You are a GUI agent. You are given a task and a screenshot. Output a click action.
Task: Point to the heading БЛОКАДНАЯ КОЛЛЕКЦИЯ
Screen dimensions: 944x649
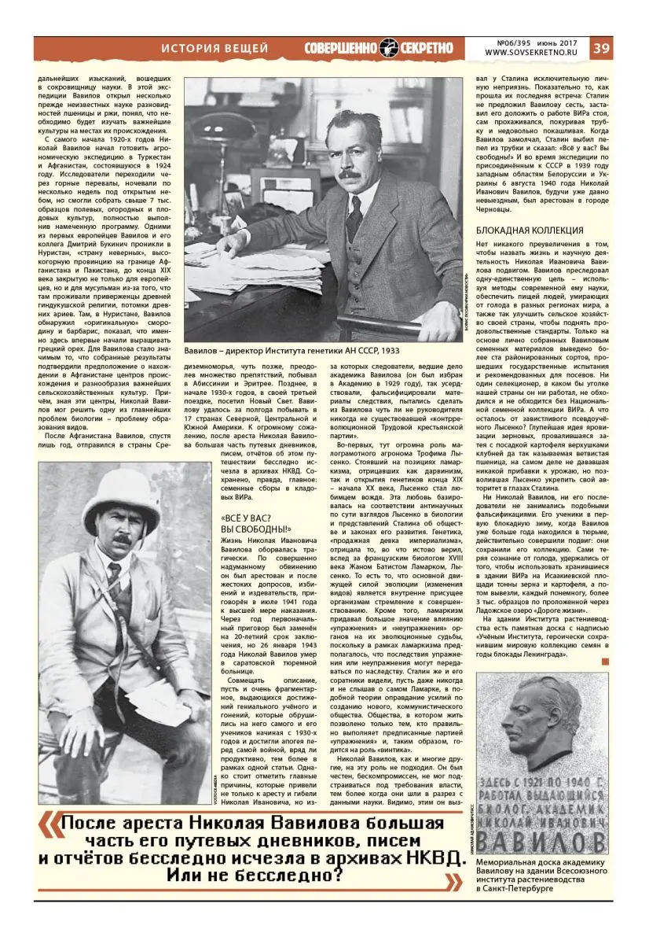530,230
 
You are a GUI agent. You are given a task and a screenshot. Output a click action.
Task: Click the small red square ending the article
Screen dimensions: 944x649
604,662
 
